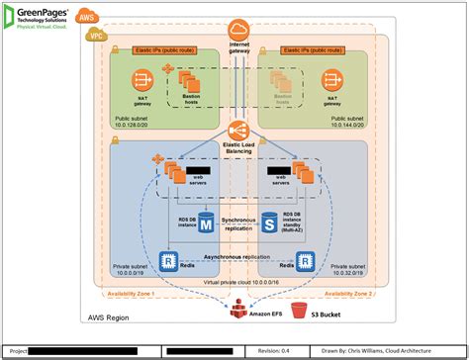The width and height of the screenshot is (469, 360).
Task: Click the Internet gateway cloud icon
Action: pyautogui.click(x=238, y=31)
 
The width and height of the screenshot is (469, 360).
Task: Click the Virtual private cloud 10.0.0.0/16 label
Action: pyautogui.click(x=238, y=282)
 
